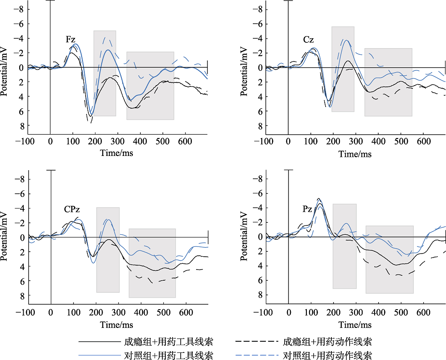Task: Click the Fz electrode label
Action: [70, 40]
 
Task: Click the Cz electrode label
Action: [308, 40]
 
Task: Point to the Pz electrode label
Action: [307, 209]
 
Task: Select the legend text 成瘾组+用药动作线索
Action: [327, 342]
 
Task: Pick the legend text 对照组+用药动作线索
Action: [327, 356]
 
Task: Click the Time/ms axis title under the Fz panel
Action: [117, 153]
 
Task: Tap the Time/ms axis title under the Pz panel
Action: [355, 323]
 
